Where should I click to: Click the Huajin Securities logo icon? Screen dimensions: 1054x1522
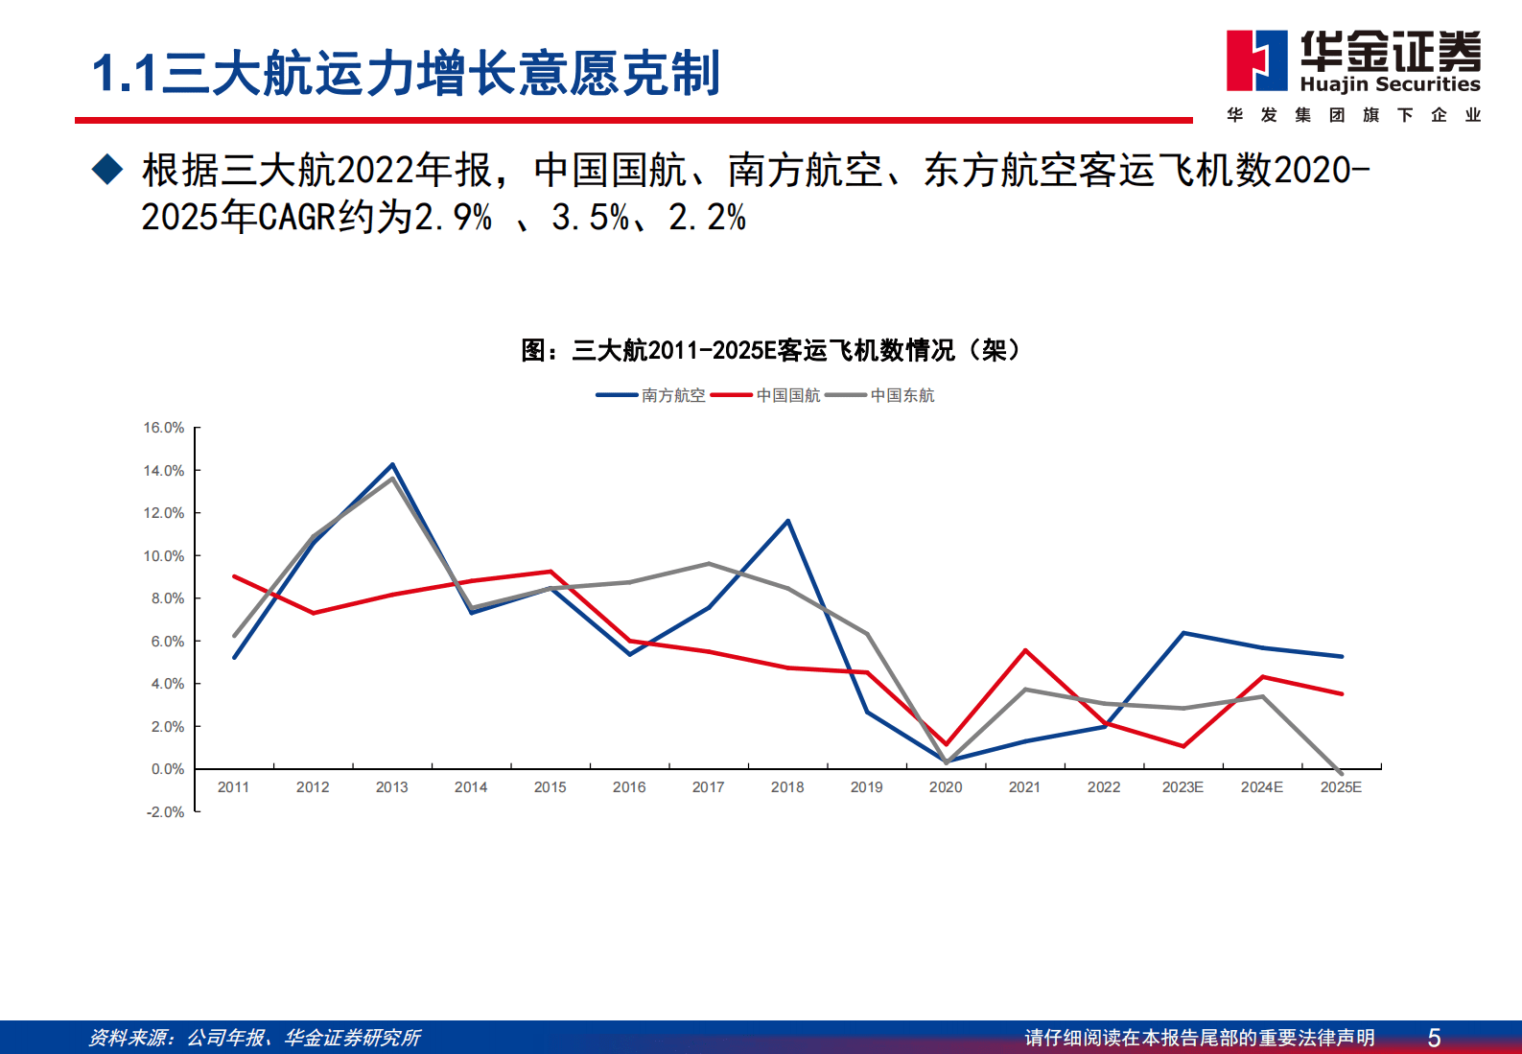(1257, 60)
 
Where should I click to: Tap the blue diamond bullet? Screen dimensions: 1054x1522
(107, 170)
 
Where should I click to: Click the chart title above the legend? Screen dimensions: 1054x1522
(771, 350)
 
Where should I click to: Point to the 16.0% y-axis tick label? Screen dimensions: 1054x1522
(164, 428)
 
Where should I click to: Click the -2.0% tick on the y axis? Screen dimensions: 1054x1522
(165, 812)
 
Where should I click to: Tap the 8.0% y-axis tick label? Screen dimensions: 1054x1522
(167, 598)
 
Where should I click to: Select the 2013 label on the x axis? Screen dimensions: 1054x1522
(391, 787)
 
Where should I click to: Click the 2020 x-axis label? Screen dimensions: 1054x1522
(946, 787)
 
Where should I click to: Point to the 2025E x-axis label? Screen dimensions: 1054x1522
(1341, 787)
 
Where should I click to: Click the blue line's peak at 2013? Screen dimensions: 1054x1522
(392, 465)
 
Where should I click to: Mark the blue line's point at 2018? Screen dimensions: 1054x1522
(788, 521)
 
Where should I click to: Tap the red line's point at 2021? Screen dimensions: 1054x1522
(1025, 650)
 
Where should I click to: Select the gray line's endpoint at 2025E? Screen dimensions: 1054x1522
(1341, 773)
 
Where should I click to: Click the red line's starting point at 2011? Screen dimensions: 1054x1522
(234, 576)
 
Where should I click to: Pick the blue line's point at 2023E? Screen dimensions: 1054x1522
(1183, 633)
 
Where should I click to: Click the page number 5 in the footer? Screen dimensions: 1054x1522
(1434, 1038)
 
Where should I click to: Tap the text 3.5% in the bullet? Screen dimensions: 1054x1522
(589, 218)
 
